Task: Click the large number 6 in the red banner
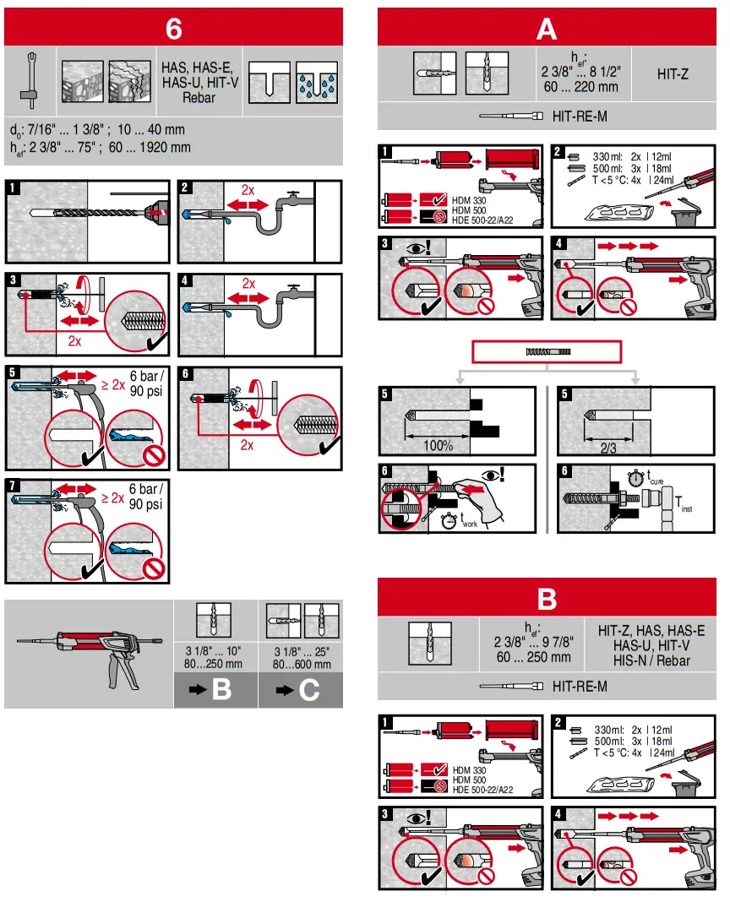[x=173, y=28]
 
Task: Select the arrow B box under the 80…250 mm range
[x=215, y=690]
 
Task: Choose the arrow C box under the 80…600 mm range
[x=301, y=690]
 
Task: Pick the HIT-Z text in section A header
[x=673, y=74]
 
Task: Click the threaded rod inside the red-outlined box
[x=549, y=350]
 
